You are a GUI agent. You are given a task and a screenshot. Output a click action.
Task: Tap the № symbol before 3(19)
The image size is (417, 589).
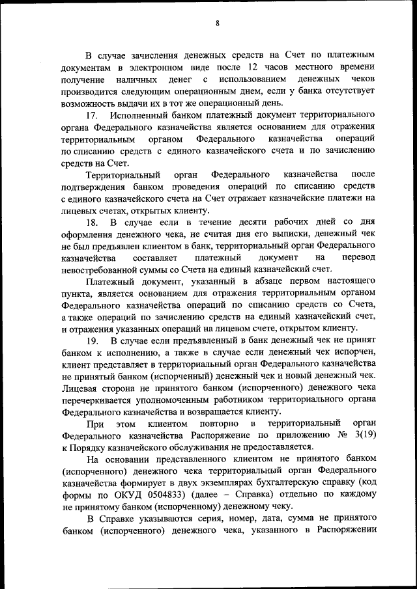[334, 435]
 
